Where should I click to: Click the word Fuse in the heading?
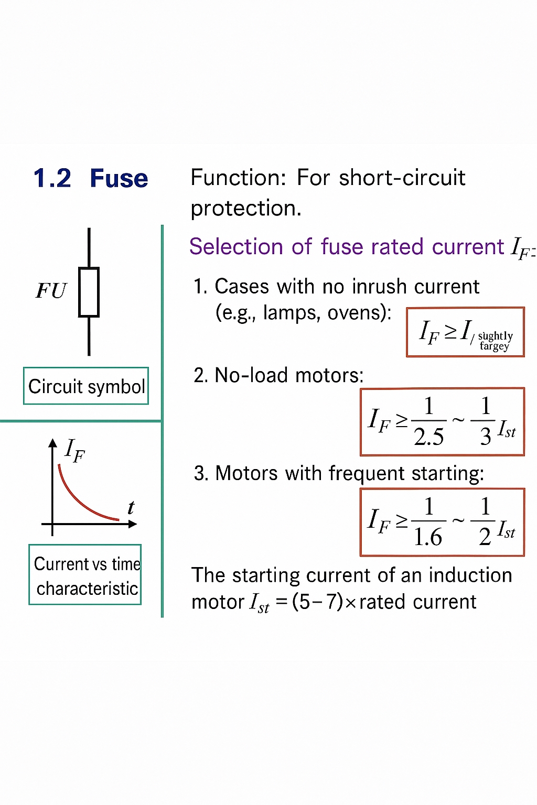[x=119, y=179]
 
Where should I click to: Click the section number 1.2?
[x=52, y=179]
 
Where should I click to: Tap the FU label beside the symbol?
[x=51, y=291]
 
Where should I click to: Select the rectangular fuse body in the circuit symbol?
[x=89, y=292]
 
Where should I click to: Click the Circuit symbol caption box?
[x=86, y=386]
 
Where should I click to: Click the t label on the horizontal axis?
[x=131, y=507]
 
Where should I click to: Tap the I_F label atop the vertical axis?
[x=74, y=450]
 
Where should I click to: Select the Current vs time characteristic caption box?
[x=85, y=575]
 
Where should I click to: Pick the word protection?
[x=245, y=209]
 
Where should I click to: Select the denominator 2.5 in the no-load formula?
[x=428, y=437]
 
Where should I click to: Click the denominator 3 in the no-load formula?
[x=485, y=437]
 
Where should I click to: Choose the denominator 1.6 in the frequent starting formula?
[x=427, y=537]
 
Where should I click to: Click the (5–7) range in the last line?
[x=317, y=602]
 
